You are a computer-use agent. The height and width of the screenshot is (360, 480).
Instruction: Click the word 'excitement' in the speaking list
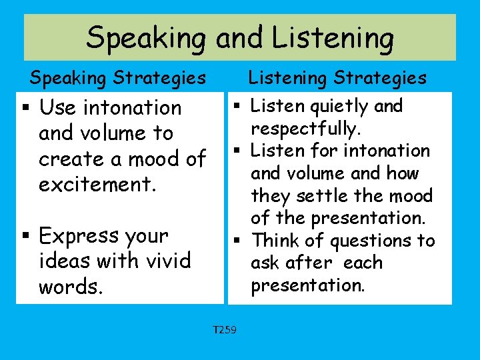click(x=97, y=185)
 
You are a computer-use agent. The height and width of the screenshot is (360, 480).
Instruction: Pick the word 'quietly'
click(x=336, y=107)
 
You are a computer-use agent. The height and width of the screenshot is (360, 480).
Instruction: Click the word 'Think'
click(x=277, y=240)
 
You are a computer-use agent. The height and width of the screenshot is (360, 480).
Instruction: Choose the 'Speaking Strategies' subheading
click(x=117, y=79)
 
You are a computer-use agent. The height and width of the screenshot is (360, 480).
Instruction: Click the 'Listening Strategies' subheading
click(x=337, y=79)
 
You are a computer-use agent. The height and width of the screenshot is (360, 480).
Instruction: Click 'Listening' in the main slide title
click(x=304, y=37)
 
